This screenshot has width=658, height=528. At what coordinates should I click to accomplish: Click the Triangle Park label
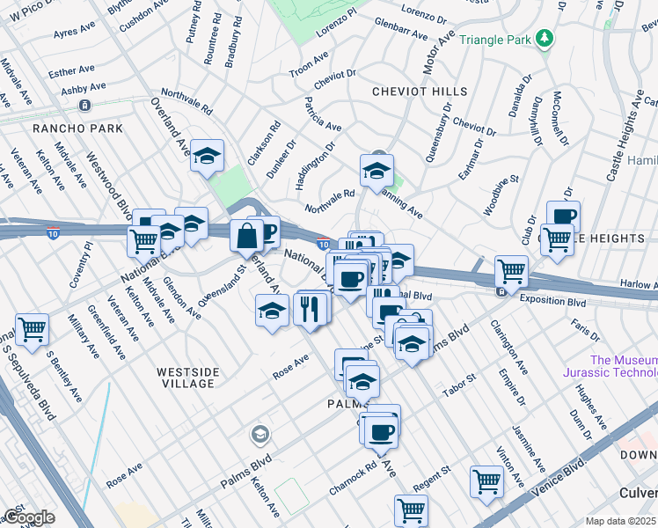[x=499, y=40]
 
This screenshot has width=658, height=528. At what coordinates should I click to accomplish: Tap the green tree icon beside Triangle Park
[x=545, y=39]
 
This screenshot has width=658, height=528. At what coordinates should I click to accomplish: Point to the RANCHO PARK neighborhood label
[x=65, y=128]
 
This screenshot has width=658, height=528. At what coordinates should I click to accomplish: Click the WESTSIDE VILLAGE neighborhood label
[x=186, y=378]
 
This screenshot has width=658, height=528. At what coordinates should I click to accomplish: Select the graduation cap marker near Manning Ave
[x=377, y=170]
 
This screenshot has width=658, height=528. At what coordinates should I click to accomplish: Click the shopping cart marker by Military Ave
[x=33, y=330]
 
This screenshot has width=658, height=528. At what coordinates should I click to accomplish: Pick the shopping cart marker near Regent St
[x=411, y=510]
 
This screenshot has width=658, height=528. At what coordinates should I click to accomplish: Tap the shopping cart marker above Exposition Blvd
[x=511, y=270]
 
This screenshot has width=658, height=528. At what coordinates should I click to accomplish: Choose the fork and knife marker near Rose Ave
[x=309, y=308]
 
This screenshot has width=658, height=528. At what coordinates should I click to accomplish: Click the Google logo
[x=28, y=517]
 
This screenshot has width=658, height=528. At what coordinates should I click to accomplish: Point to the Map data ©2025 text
[x=621, y=521]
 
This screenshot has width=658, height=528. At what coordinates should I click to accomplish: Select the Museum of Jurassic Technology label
[x=624, y=367]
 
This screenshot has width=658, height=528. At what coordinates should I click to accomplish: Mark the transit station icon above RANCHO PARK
[x=85, y=106]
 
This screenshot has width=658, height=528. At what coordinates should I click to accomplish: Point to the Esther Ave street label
[x=72, y=70]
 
